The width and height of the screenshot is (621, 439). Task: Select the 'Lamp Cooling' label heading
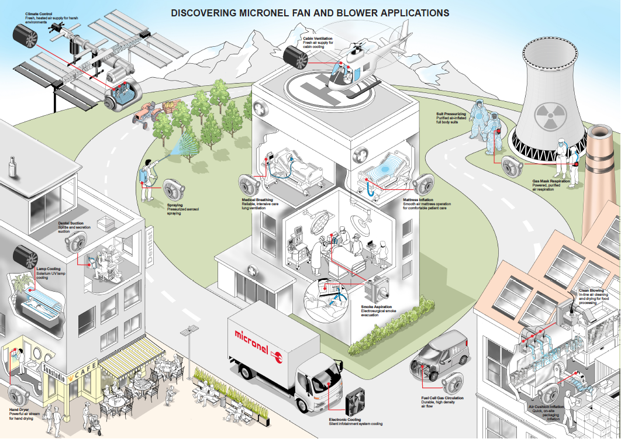(49, 269)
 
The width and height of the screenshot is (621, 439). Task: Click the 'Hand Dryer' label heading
(20, 410)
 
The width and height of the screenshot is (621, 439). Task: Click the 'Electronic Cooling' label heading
(344, 419)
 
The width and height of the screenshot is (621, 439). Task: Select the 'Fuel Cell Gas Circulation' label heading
(443, 398)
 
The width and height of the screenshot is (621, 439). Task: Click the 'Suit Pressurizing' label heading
(450, 115)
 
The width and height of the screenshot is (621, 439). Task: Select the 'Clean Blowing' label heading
(591, 290)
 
